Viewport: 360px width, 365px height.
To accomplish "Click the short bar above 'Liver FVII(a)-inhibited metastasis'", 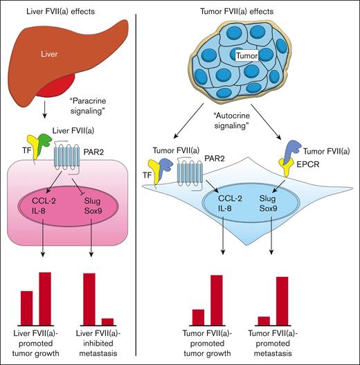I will click(x=107, y=321).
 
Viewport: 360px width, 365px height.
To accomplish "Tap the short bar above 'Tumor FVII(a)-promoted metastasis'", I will click(x=264, y=320).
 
